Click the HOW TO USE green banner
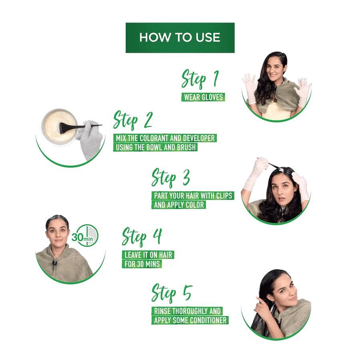pos(180,38)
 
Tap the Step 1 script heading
pos(200,78)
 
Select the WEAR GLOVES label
pos(203,97)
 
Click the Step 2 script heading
pos(133,120)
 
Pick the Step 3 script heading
pos(170,178)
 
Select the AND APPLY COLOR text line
pos(179,205)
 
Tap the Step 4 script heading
pos(142,237)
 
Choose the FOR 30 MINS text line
pos(142,264)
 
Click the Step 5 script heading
pos(172,293)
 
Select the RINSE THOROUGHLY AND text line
pos(187,311)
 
